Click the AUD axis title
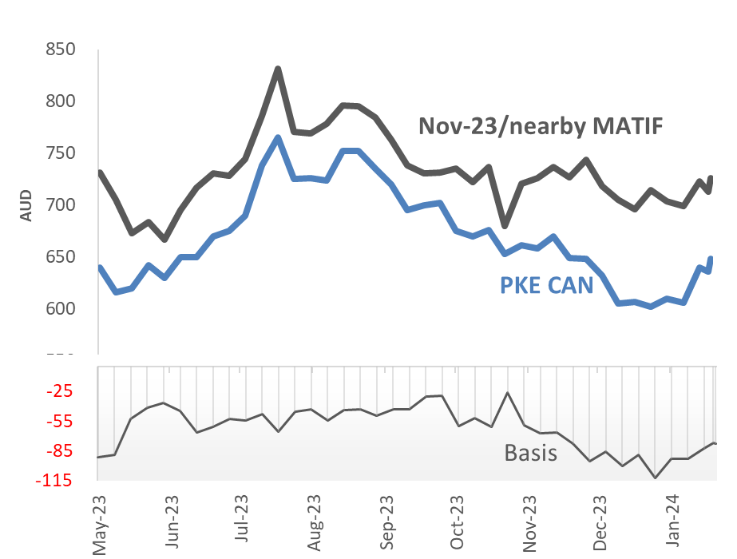(x=26, y=205)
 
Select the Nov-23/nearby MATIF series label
(x=541, y=126)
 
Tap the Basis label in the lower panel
(x=530, y=453)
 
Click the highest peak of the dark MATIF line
(x=278, y=69)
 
